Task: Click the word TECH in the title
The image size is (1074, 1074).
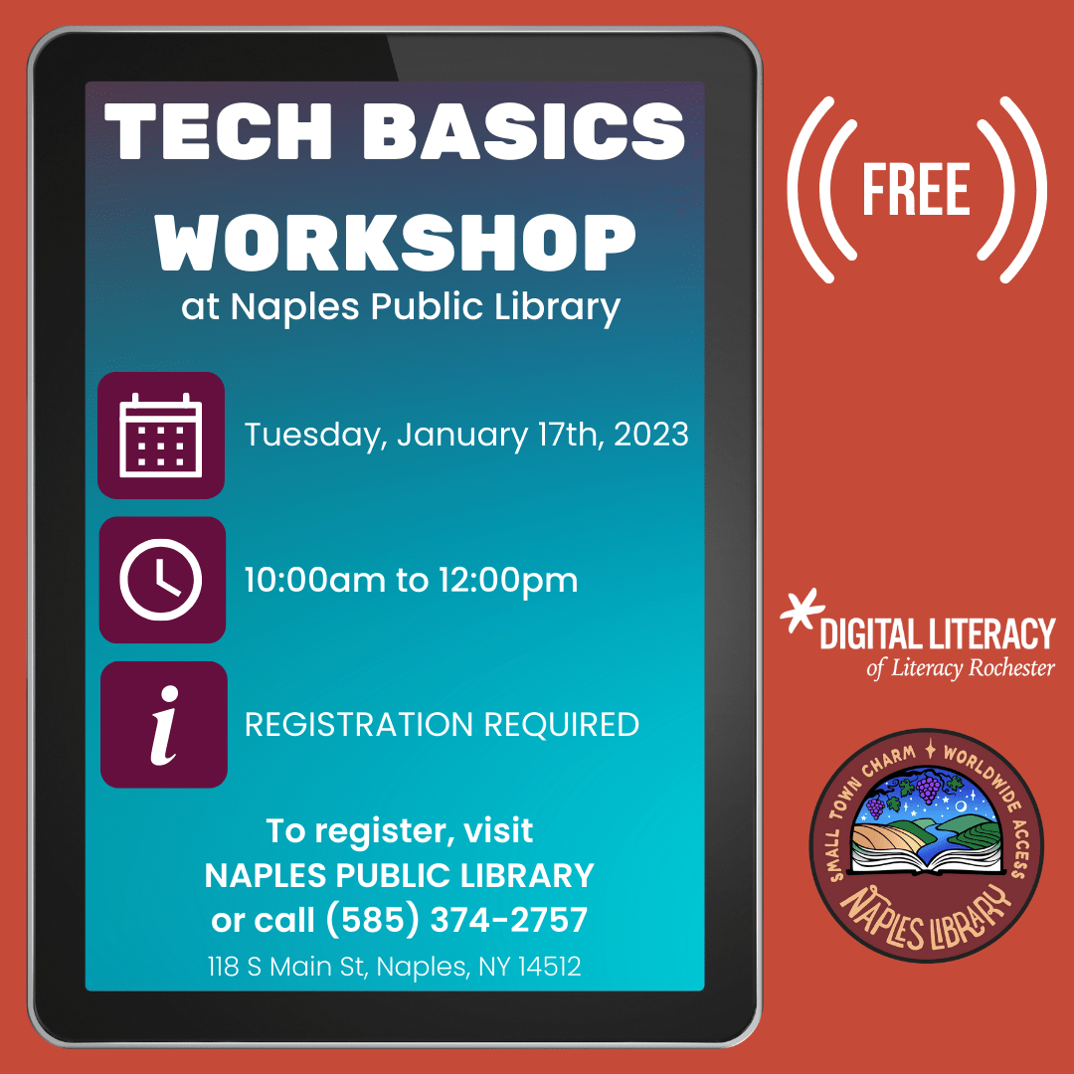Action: coord(219,131)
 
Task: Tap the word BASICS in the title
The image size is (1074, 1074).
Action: coord(524,131)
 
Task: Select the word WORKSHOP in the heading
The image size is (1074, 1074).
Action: coord(395,243)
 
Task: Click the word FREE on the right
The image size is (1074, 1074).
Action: coord(916,190)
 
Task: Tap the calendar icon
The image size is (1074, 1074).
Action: coord(161,436)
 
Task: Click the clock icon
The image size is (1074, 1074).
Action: coord(162,580)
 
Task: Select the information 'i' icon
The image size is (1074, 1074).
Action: coord(164,725)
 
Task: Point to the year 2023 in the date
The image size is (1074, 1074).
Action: coord(650,435)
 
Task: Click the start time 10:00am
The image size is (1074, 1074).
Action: coord(315,580)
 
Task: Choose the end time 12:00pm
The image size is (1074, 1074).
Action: coord(508,581)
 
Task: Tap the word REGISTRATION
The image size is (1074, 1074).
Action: coord(359,725)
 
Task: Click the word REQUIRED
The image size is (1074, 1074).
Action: coord(562,725)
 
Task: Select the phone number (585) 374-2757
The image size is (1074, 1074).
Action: coord(456,919)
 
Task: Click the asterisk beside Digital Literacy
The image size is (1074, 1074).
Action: coord(803,610)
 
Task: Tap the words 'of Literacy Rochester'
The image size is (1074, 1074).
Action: coord(961,668)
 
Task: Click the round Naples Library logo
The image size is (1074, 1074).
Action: coord(927,844)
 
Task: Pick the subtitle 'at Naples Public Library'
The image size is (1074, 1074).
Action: coord(401,307)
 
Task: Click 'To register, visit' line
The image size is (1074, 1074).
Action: coord(400,831)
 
